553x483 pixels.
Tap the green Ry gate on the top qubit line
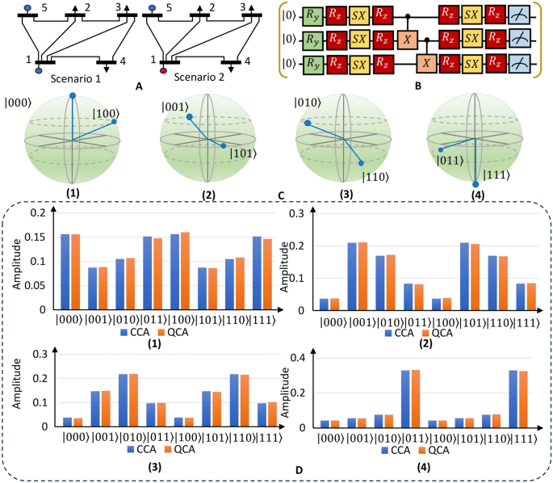point(312,15)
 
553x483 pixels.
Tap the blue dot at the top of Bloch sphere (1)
point(72,95)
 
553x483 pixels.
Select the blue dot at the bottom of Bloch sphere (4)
point(475,184)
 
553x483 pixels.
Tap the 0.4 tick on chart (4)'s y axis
point(307,358)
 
